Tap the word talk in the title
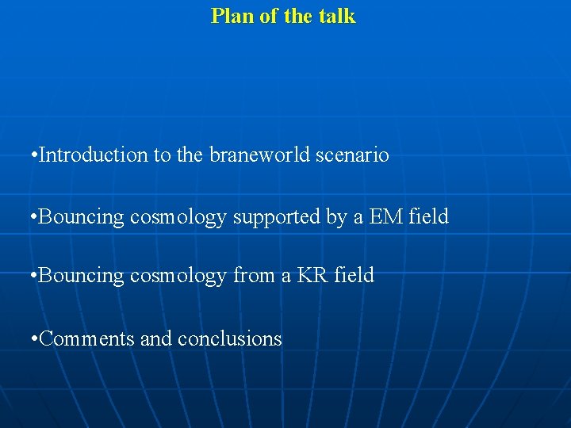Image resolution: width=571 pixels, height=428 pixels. pyautogui.click(x=338, y=16)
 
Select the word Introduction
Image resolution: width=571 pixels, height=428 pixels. pyautogui.click(x=93, y=155)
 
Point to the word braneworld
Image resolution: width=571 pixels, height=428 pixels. pyautogui.click(x=255, y=155)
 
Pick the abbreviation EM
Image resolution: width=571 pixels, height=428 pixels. pyautogui.click(x=386, y=216)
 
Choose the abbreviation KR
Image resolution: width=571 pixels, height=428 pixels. pyautogui.click(x=312, y=276)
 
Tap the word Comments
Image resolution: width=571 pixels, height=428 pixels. pyautogui.click(x=86, y=338)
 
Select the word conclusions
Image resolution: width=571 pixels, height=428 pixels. pyautogui.click(x=230, y=338)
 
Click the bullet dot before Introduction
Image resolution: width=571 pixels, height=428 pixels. pyautogui.click(x=32, y=155)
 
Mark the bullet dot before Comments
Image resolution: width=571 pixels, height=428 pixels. pyautogui.click(x=32, y=339)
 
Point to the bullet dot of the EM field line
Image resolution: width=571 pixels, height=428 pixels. pyautogui.click(x=32, y=216)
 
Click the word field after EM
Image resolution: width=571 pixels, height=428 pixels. pyautogui.click(x=429, y=216)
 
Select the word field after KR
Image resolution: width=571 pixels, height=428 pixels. pyautogui.click(x=354, y=276)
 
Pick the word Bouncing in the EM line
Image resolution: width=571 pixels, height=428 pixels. pyautogui.click(x=82, y=216)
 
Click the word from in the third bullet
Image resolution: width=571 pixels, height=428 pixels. pyautogui.click(x=251, y=276)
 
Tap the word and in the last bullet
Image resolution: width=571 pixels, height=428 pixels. pyautogui.click(x=156, y=338)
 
